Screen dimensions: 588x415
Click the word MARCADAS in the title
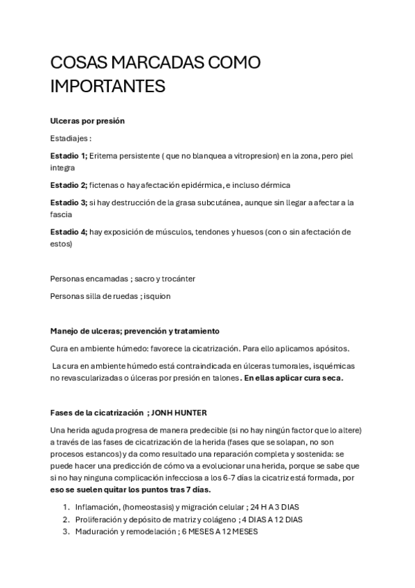(x=151, y=63)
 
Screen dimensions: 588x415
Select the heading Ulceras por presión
(x=87, y=120)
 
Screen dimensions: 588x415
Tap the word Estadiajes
(x=71, y=138)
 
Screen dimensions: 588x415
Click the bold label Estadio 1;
(x=69, y=156)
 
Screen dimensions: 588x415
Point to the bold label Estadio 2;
(x=69, y=185)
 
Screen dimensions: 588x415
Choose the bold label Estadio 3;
(x=69, y=202)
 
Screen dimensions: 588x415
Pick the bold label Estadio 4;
(x=69, y=232)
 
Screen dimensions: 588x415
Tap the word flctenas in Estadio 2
(x=104, y=185)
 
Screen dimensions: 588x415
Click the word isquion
(x=155, y=296)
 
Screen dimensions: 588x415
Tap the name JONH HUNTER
(x=182, y=413)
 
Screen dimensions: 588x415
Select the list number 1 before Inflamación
(x=66, y=507)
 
